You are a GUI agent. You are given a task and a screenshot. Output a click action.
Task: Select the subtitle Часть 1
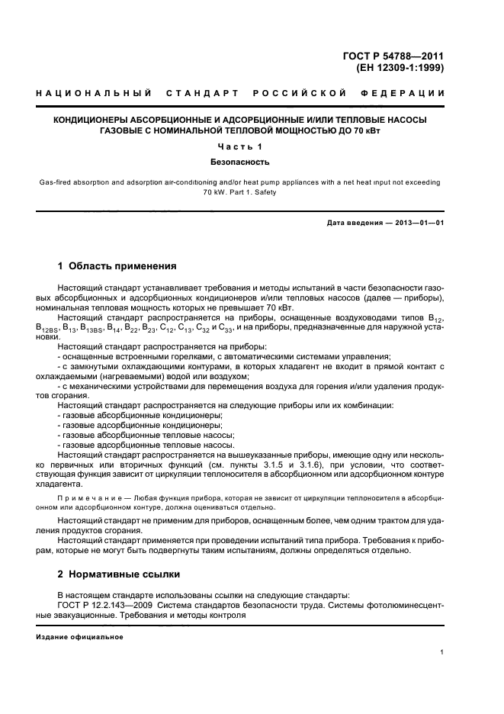[239, 146]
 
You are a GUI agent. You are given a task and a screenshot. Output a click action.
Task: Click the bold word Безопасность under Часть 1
[239, 162]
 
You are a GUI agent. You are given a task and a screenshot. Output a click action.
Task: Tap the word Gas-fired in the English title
[55, 183]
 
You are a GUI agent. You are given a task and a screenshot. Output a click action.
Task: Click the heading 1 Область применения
[117, 266]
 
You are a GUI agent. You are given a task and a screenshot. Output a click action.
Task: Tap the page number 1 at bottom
[442, 652]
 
